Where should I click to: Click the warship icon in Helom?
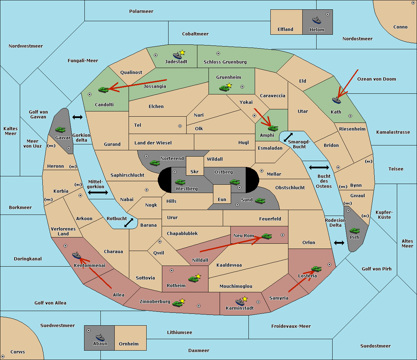point(317,20)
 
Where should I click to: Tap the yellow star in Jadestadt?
point(182,52)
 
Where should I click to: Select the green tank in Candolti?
point(103,90)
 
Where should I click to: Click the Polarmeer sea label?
point(141,11)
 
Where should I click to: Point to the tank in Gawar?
point(60,129)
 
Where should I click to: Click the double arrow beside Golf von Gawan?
point(77,117)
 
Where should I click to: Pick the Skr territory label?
point(195,171)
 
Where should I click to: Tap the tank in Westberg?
point(180,182)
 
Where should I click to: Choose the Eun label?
point(222,199)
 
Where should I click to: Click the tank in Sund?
point(260,201)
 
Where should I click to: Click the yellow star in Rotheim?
point(198,276)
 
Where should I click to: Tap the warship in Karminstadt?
point(240,302)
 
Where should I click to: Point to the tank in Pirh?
point(354,231)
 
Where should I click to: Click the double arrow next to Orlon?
point(339,243)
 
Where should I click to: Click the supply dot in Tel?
point(180,126)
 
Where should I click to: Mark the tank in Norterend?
point(155,163)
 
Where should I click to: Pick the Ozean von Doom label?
point(377,79)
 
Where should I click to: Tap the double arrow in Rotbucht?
point(129,223)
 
